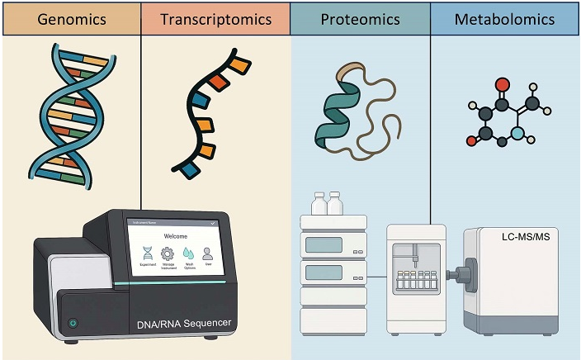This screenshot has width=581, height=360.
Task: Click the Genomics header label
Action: point(70,18)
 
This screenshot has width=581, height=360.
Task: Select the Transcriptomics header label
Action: point(215,18)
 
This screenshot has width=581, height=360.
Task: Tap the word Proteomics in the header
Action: point(361,18)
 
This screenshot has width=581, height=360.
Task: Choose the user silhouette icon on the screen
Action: point(208,253)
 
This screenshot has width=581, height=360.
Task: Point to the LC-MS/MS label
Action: point(527,238)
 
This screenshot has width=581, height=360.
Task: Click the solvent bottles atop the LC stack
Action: point(327,203)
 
